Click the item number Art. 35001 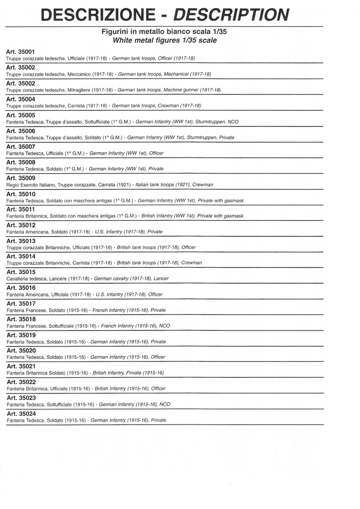point(21,52)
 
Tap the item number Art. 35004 point(21,98)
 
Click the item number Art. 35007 point(21,147)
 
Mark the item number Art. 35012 point(21,225)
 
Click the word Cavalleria point(18,279)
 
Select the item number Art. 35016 point(21,288)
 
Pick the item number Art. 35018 point(21,319)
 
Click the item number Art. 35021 point(21,366)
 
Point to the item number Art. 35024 point(21,414)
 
